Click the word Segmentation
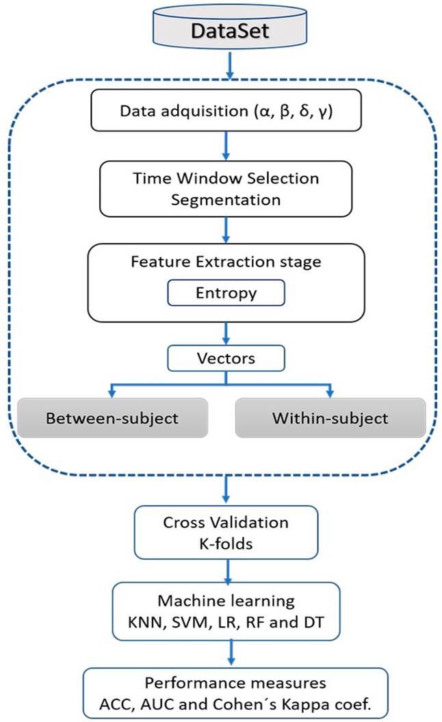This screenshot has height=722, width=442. pos(225,201)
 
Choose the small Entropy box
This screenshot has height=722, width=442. pos(225,292)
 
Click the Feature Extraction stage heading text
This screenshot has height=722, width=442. pos(225,261)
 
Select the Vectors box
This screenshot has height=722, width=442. pos(225,357)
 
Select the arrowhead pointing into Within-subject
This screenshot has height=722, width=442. pos(330,394)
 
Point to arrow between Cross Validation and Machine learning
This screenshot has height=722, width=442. pos(225,568)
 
